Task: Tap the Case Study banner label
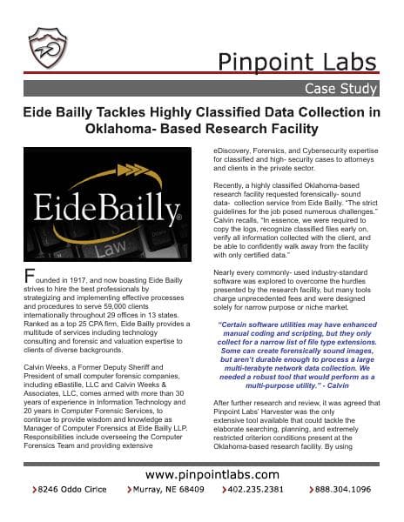(341, 89)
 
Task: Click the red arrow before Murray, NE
(131, 490)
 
